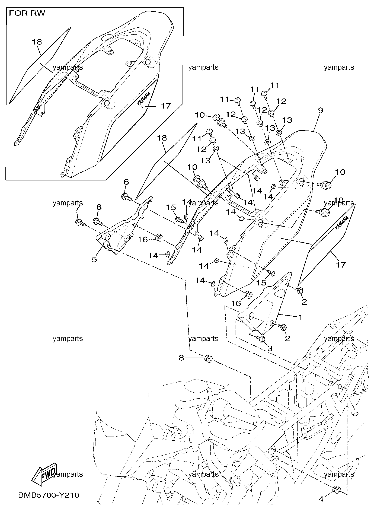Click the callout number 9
[x=321, y=110]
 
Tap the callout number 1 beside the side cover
[x=300, y=317]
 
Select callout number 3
[x=270, y=348]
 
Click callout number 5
[x=94, y=259]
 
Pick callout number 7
[x=78, y=208]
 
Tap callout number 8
[x=181, y=358]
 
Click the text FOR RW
[x=27, y=13]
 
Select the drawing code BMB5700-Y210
[x=49, y=495]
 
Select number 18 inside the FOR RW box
[x=37, y=42]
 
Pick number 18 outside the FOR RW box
[x=162, y=138]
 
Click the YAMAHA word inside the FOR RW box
[x=144, y=98]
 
